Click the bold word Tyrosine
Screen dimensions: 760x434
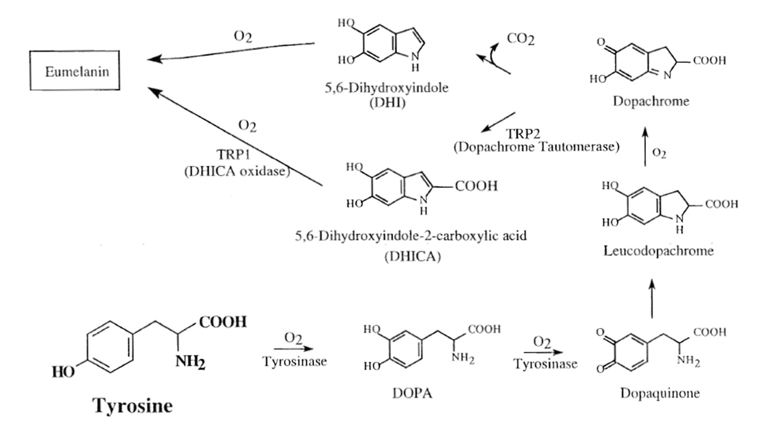pyautogui.click(x=132, y=406)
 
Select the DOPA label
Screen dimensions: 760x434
pyautogui.click(x=412, y=393)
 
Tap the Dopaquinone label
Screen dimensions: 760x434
pyautogui.click(x=660, y=393)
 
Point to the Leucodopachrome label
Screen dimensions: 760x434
pyautogui.click(x=659, y=251)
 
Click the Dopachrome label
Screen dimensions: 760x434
pyautogui.click(x=651, y=101)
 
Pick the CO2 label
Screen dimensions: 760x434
pyautogui.click(x=521, y=39)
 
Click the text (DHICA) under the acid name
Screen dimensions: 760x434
pyautogui.click(x=412, y=256)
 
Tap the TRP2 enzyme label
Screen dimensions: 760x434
pyautogui.click(x=523, y=134)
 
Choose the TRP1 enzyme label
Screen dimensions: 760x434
pyautogui.click(x=234, y=155)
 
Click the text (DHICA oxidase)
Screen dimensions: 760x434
pyautogui.click(x=237, y=171)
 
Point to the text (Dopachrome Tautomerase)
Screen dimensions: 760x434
pyautogui.click(x=536, y=147)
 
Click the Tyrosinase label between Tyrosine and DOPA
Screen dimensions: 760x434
pyautogui.click(x=295, y=361)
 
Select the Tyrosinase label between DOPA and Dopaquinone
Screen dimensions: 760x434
pyautogui.click(x=545, y=364)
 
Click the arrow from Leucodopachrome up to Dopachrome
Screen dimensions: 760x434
pyautogui.click(x=645, y=147)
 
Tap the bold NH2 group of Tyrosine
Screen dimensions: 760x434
pyautogui.click(x=191, y=362)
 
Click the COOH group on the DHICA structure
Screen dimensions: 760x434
pyautogui.click(x=476, y=186)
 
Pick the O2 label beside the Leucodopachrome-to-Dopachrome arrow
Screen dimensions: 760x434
pyautogui.click(x=659, y=153)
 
